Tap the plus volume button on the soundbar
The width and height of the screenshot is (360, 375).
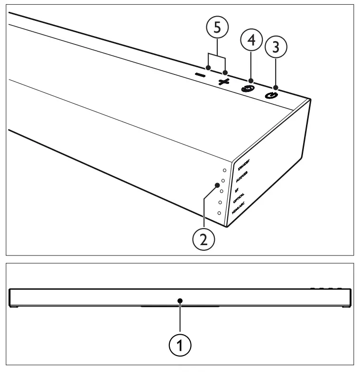click(x=223, y=81)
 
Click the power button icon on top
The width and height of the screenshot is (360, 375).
click(x=271, y=95)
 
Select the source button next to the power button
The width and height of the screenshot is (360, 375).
click(x=247, y=88)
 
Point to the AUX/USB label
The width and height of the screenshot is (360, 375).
click(x=243, y=177)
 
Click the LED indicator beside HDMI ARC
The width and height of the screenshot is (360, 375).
click(x=219, y=213)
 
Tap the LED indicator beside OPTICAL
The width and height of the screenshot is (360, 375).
click(x=220, y=202)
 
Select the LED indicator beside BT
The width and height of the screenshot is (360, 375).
click(x=221, y=192)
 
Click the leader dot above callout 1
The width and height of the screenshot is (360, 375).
click(x=180, y=300)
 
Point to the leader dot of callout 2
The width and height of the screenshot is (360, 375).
click(x=216, y=184)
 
